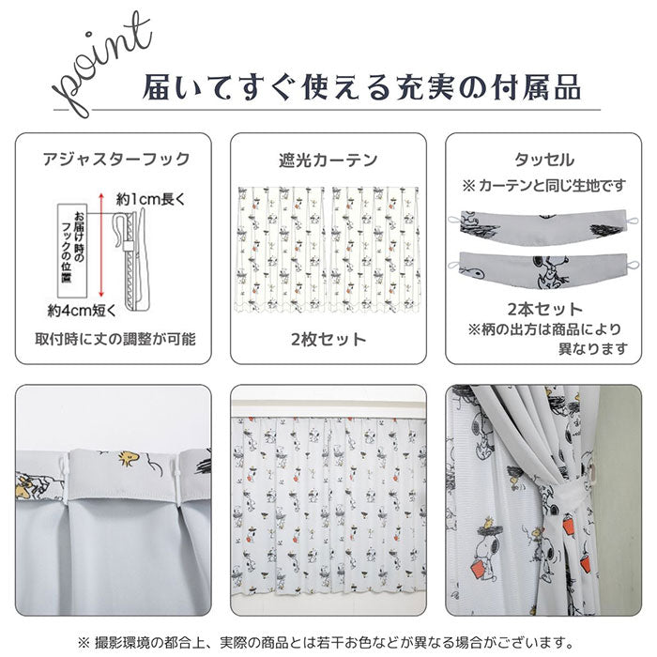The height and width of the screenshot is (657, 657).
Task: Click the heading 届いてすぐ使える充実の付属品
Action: pos(361,87)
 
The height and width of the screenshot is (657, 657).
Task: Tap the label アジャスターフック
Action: pos(116,160)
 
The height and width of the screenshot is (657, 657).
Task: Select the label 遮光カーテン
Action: pos(328,160)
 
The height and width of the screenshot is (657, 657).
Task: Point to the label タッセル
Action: pos(543,160)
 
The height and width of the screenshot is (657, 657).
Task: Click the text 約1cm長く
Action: pos(150,199)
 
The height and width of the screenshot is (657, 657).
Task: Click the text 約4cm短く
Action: pos(82,311)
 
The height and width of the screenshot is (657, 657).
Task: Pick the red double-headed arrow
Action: pos(101,245)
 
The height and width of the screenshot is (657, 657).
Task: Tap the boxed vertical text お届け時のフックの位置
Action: pos(72,251)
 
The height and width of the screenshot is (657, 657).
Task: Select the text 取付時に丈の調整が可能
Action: pos(115,339)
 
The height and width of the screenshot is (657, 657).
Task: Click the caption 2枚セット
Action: pos(328,340)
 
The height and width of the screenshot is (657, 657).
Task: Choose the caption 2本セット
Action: pos(544,309)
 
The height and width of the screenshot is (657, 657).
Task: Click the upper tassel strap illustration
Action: pos(543,227)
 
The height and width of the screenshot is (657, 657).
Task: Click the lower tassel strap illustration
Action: pos(543,271)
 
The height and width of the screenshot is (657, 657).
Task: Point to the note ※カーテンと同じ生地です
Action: pos(543,185)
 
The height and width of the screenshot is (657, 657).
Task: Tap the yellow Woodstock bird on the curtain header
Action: pos(129,458)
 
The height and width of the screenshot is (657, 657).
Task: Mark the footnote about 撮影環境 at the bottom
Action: pos(326,642)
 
